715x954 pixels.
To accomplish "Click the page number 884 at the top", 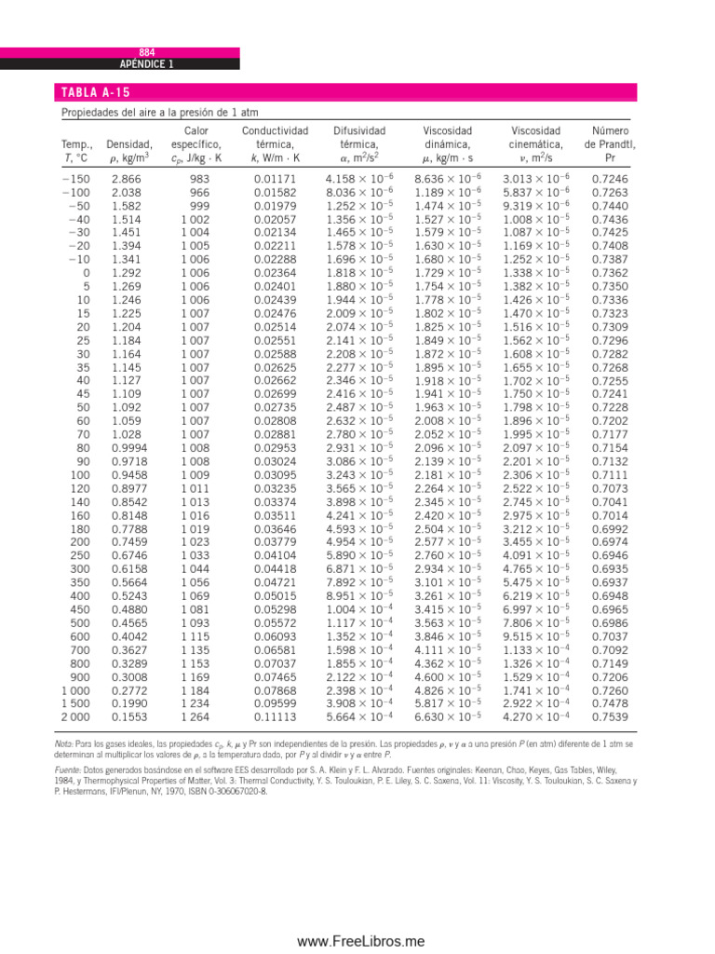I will pos(146,53).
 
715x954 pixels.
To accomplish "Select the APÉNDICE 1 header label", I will pos(146,64).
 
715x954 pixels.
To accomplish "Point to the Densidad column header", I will pos(129,145).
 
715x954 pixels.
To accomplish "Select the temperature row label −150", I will pos(77,178).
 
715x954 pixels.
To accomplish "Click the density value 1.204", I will pos(125,327).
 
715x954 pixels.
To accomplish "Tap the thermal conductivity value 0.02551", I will pos(267,341).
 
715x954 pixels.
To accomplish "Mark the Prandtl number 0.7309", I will pos(610,327).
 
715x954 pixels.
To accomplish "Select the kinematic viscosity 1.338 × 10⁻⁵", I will pos(537,273).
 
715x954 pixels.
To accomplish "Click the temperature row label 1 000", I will pos(76,689).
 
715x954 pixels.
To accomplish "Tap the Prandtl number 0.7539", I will pos(610,716).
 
